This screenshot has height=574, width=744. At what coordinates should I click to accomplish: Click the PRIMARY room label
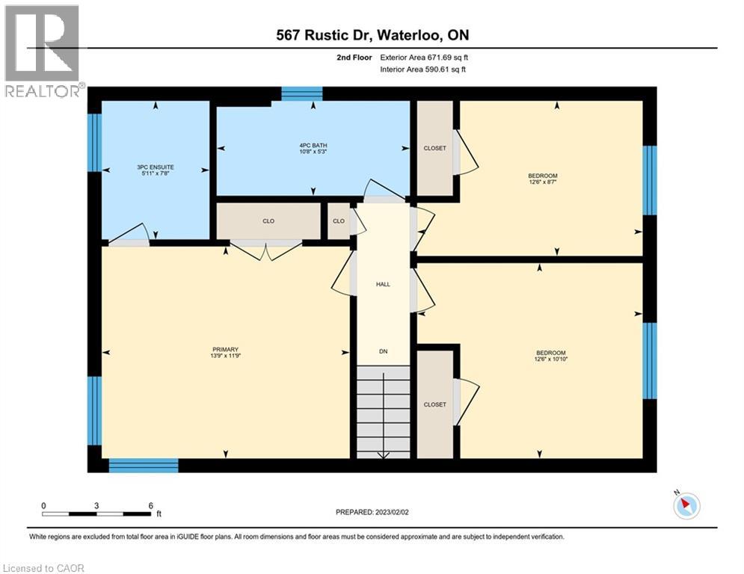[225, 349]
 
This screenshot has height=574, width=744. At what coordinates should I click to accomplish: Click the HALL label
[383, 284]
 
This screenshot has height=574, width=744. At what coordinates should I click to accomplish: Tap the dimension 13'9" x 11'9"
[225, 357]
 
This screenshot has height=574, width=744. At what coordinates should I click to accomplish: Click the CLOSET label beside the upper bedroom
[434, 148]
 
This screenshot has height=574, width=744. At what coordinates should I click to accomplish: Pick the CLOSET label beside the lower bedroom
[434, 404]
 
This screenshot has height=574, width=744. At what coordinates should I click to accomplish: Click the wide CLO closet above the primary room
[268, 221]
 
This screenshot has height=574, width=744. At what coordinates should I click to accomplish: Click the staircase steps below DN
[383, 411]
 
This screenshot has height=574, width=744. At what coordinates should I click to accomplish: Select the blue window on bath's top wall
[301, 93]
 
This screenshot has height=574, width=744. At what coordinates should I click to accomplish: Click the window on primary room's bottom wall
[144, 466]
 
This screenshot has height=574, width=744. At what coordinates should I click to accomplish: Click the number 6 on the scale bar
[150, 505]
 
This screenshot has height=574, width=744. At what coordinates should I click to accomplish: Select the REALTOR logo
[42, 51]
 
